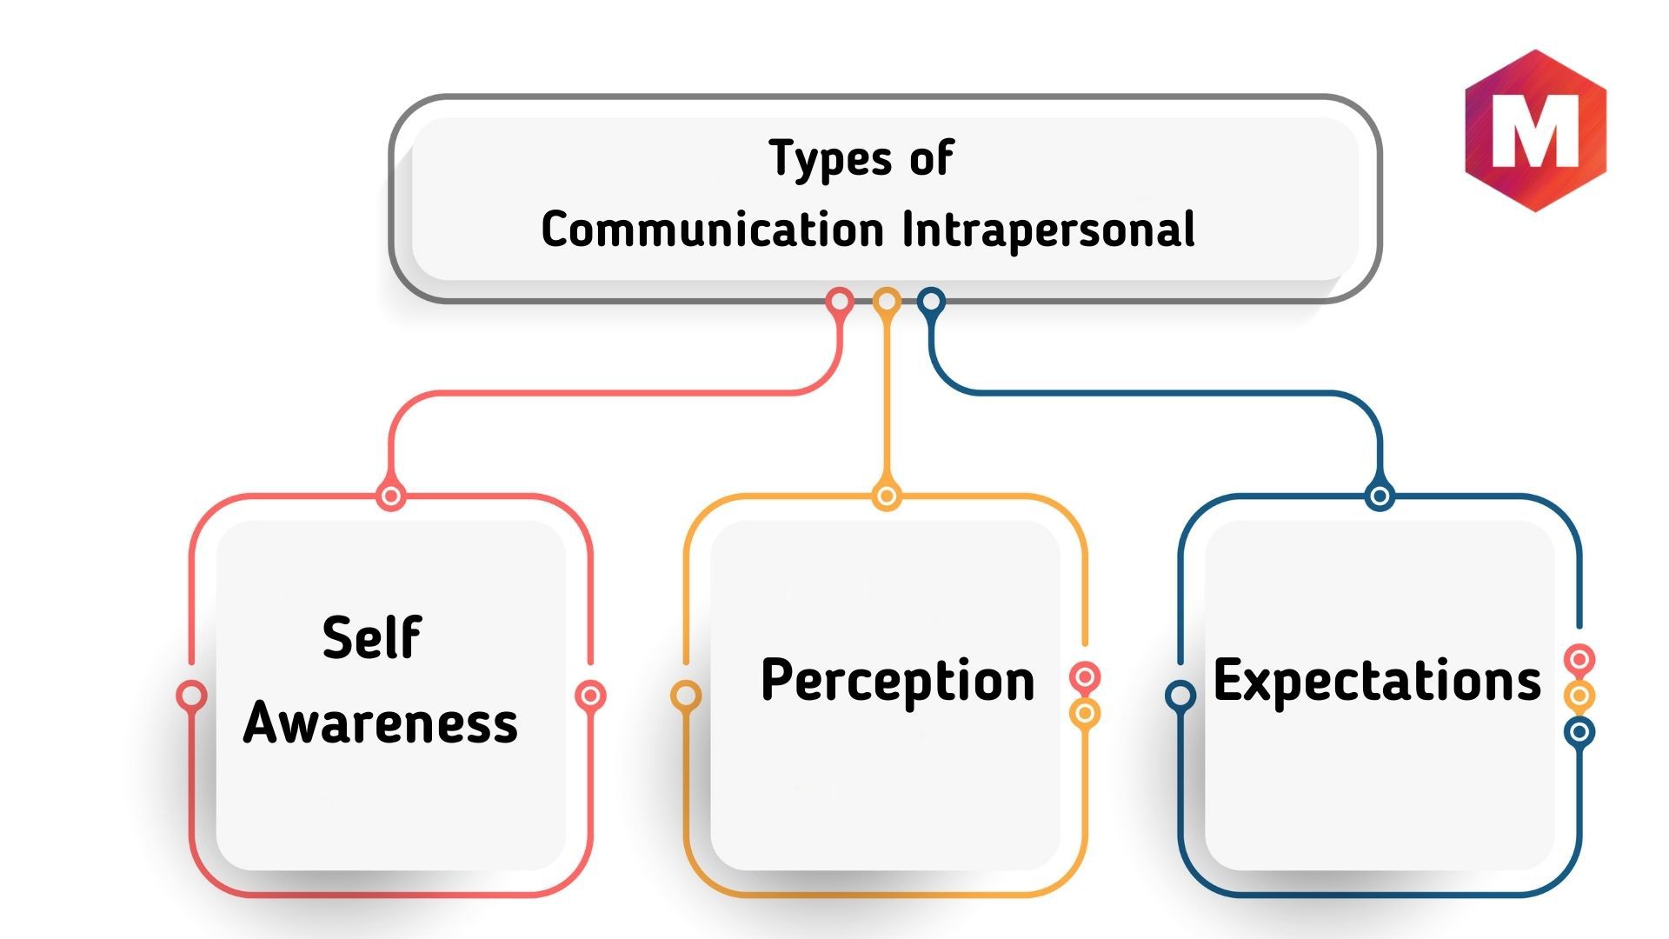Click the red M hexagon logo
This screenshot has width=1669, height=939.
click(1536, 130)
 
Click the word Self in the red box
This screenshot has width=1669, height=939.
click(372, 636)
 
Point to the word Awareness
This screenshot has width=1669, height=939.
click(381, 722)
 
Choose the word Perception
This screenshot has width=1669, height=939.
click(898, 681)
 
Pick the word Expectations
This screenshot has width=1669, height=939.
click(1377, 681)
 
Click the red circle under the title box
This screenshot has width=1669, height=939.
click(840, 302)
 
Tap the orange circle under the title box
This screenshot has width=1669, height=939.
click(886, 302)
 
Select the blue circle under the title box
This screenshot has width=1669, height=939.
click(931, 302)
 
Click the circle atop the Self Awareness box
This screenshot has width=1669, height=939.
click(391, 496)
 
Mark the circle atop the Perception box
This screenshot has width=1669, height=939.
click(886, 496)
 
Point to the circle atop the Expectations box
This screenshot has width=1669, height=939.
click(1380, 496)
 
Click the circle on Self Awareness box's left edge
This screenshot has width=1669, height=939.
click(191, 696)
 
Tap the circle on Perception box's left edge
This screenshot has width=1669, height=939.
click(686, 696)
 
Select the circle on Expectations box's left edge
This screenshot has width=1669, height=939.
click(1180, 696)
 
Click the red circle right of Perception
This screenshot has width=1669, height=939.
click(1085, 677)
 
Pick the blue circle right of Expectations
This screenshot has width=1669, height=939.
click(1579, 732)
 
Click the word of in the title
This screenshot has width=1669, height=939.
click(932, 158)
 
